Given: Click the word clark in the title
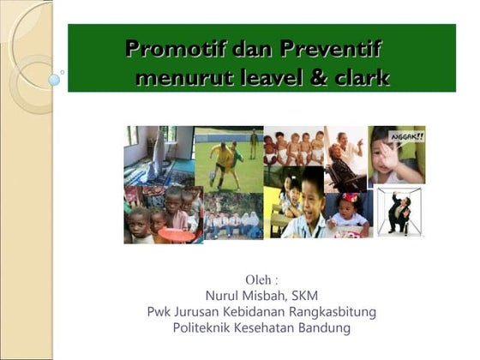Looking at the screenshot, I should point(360,80).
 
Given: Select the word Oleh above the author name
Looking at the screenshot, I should point(258,280).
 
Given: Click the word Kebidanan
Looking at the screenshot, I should point(251,312).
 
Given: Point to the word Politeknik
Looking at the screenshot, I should point(206,327).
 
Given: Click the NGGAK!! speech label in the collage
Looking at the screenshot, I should point(405,135).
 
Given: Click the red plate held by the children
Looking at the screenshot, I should point(176,235).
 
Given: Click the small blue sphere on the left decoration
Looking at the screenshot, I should point(54,80).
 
